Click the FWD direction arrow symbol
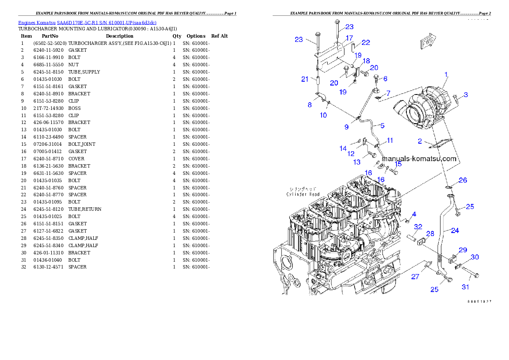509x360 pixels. click(427, 42)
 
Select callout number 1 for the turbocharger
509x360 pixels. click(446, 75)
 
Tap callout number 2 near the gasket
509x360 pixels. click(420, 141)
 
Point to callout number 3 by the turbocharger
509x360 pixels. click(466, 94)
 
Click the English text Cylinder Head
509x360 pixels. click(303, 194)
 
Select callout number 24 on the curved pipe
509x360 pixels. click(455, 230)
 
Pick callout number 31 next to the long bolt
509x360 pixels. click(465, 287)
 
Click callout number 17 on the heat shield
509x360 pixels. click(349, 38)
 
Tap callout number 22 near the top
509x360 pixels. click(366, 42)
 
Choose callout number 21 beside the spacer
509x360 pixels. click(305, 79)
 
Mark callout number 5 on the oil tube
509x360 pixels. click(382, 126)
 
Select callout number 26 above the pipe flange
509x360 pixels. click(463, 180)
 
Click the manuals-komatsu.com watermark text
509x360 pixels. click(419, 159)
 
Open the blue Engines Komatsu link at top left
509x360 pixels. click(87, 22)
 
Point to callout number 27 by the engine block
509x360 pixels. click(415, 277)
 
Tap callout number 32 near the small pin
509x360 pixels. click(418, 227)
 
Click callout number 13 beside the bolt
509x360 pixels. click(357, 162)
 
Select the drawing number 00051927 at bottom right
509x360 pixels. click(479, 301)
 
